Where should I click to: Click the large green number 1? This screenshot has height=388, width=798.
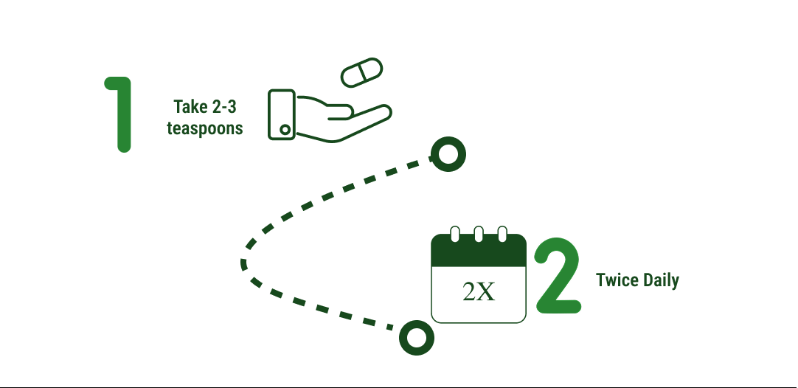[x=121, y=114]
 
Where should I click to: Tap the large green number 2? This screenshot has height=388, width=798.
[x=559, y=275]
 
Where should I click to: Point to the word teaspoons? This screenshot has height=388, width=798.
[x=204, y=128]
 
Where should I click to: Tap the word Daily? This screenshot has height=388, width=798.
[x=661, y=280]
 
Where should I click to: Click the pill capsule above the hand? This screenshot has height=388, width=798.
[x=362, y=72]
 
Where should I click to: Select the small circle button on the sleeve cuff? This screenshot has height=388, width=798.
[x=285, y=130]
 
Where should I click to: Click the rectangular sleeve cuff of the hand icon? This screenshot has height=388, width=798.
[x=282, y=114]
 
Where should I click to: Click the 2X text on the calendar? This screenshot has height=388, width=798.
[x=479, y=292]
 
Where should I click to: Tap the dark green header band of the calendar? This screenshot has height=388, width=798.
[x=479, y=252]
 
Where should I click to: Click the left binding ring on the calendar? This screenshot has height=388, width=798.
[x=455, y=235]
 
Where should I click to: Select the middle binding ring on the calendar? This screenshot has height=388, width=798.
[x=479, y=235]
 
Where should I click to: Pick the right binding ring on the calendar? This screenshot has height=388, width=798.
[x=502, y=235]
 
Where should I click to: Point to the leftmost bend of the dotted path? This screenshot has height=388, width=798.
[x=244, y=264]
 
